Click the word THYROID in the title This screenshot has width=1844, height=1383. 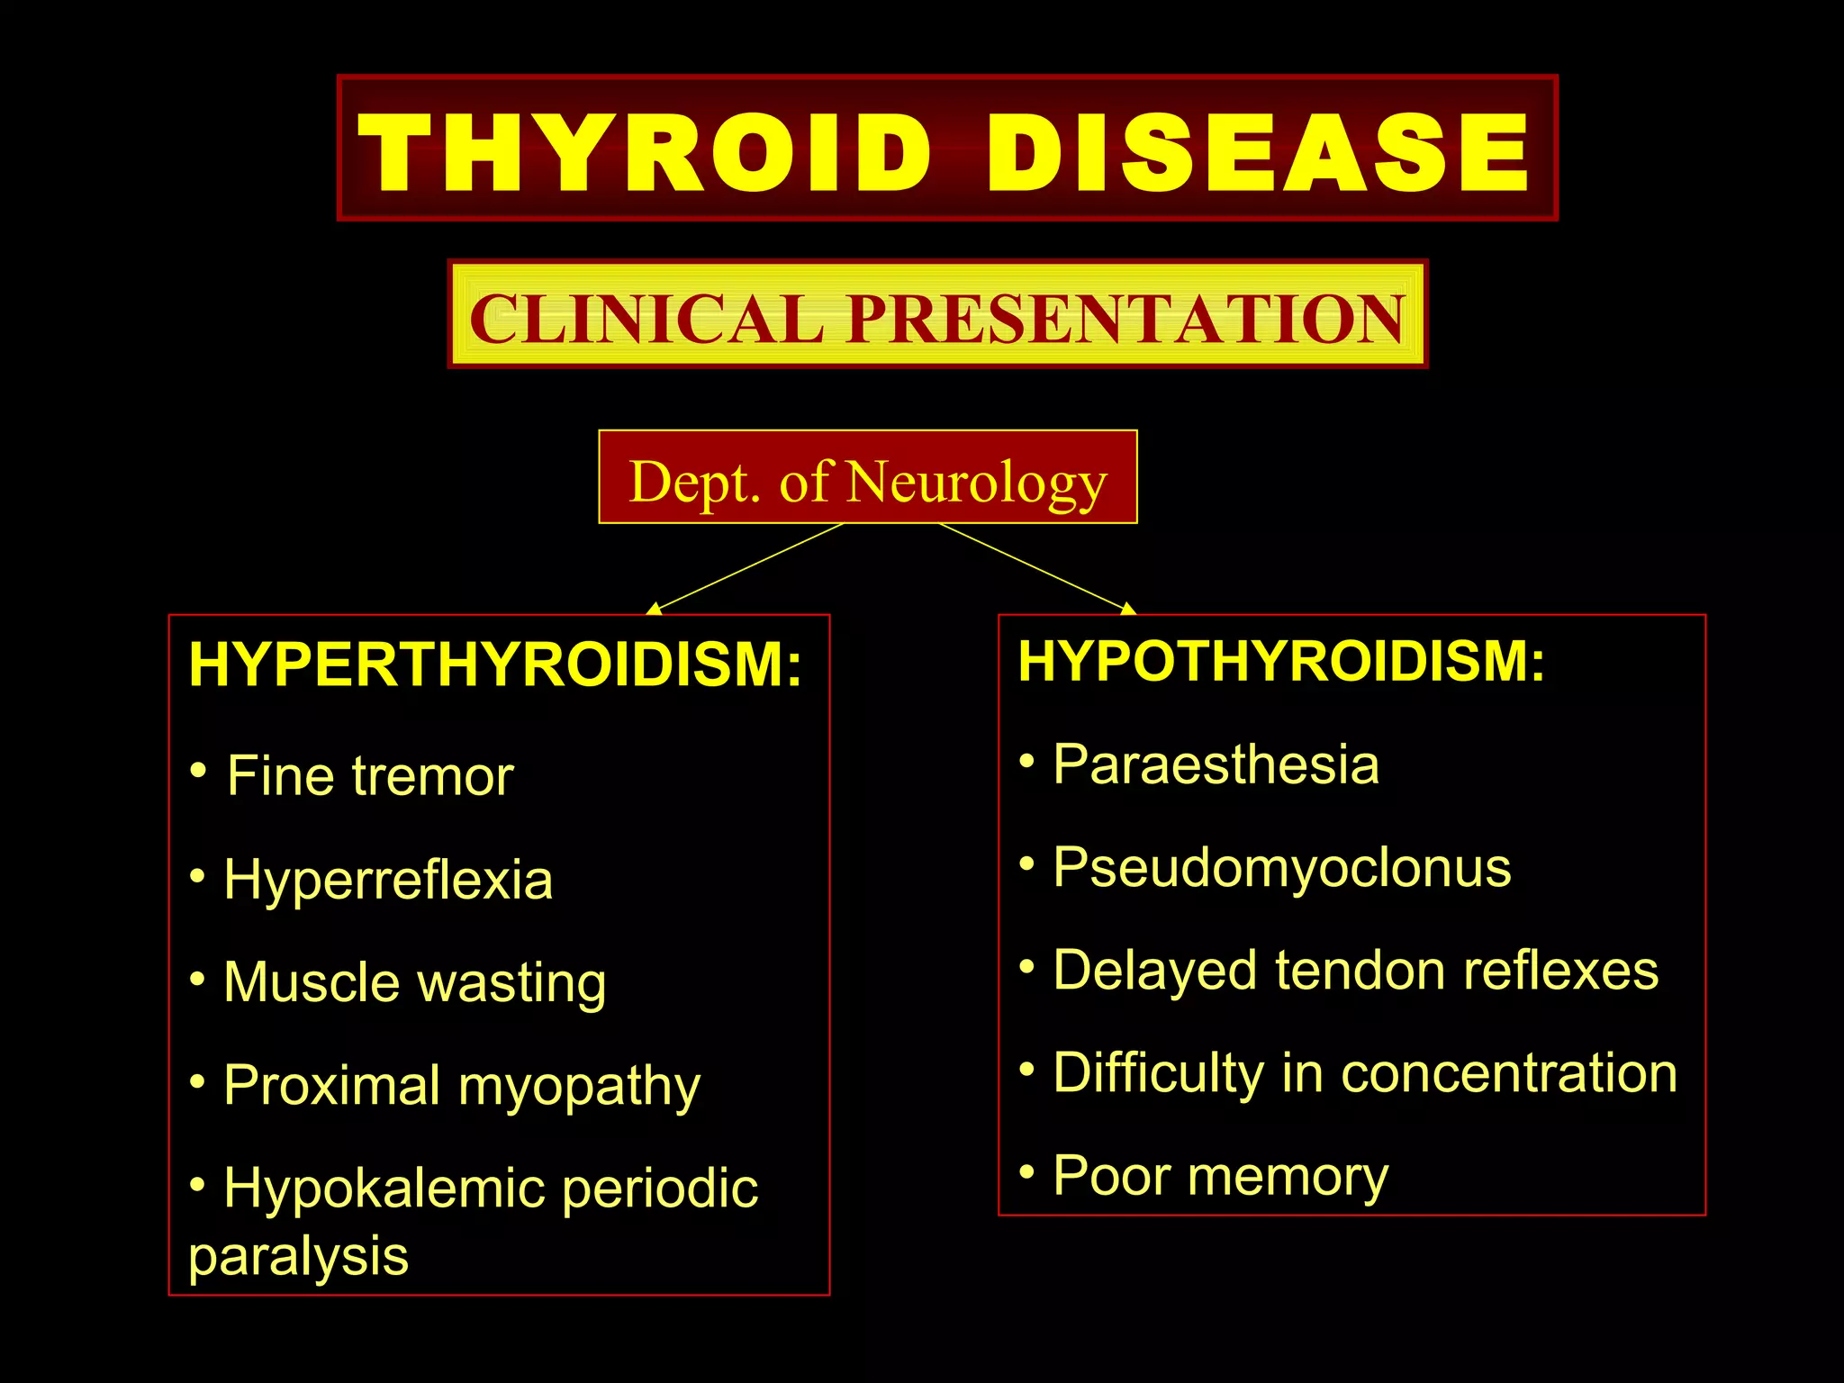click(x=645, y=151)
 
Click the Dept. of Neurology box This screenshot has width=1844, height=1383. click(x=868, y=478)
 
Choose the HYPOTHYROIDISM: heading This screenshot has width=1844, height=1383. click(x=1281, y=661)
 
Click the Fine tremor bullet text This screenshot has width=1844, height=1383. click(x=369, y=775)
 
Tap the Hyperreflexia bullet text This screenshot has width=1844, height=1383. click(x=388, y=879)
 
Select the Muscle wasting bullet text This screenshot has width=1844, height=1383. click(x=414, y=981)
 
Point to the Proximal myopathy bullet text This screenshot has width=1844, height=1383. click(x=462, y=1085)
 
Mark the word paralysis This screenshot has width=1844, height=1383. click(x=298, y=1256)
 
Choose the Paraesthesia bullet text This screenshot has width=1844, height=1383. click(x=1216, y=764)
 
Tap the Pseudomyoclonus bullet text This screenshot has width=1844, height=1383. click(x=1282, y=868)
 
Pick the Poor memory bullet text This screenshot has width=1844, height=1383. click(x=1220, y=1176)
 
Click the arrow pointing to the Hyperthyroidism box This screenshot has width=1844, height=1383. click(x=746, y=568)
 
